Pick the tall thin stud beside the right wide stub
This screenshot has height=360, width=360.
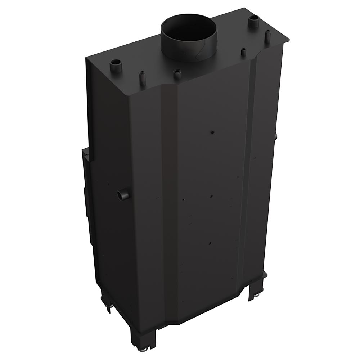pos(267,36)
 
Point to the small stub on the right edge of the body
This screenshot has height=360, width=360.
pos(276,136)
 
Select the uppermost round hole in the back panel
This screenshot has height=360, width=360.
pos(212,132)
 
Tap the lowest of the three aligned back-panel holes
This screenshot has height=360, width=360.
pos(210,243)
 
